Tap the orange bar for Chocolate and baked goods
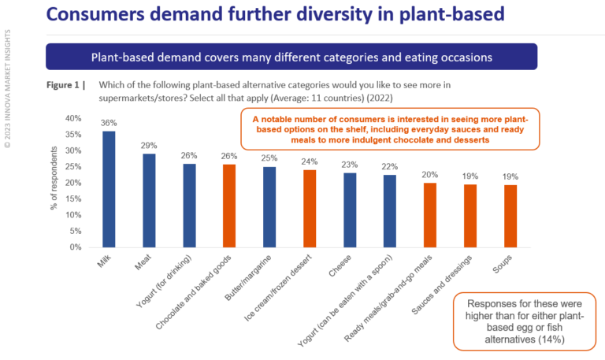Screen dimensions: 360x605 pos(229,206)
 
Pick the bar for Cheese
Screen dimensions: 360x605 pos(350,210)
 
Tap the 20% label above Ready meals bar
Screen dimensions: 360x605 pos(429,175)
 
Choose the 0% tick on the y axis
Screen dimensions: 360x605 pos(74,247)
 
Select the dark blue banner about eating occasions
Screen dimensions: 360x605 pos(291,58)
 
